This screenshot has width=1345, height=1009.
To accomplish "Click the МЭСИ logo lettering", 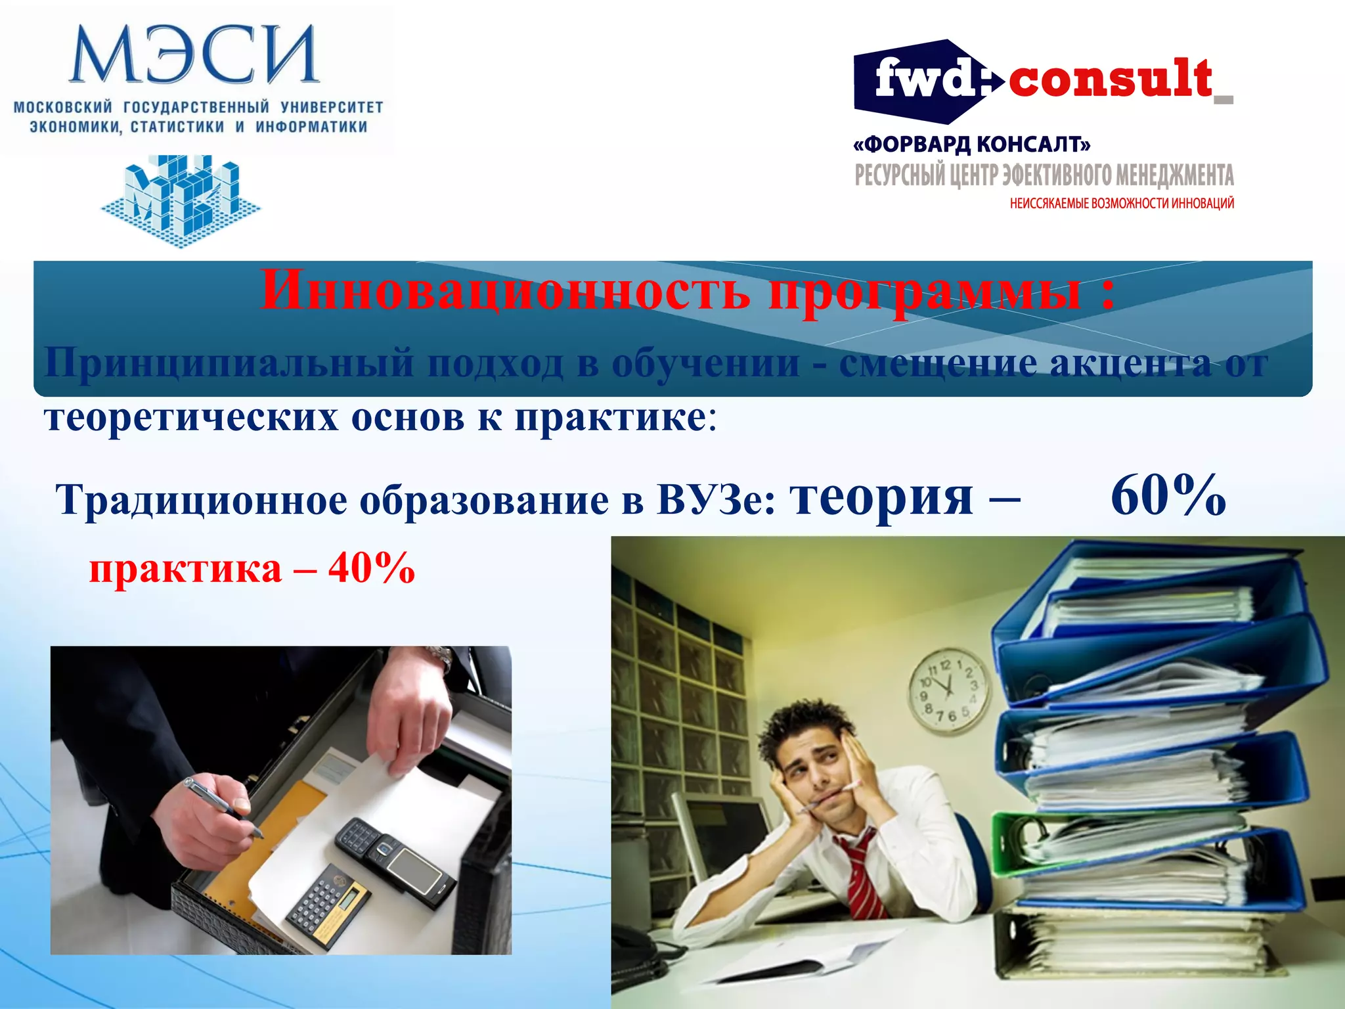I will [x=194, y=55].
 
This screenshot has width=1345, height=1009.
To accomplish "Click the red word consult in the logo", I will [x=1110, y=80].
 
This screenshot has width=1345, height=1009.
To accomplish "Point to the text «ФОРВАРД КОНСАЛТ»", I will [x=972, y=144].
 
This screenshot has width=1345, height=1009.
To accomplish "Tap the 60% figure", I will [x=1168, y=496].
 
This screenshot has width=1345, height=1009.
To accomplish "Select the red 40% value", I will [x=372, y=568].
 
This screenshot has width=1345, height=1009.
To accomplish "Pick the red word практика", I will [x=185, y=569].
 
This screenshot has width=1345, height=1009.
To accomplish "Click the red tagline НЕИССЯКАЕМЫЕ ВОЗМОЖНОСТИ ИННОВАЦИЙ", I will [x=1122, y=204].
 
